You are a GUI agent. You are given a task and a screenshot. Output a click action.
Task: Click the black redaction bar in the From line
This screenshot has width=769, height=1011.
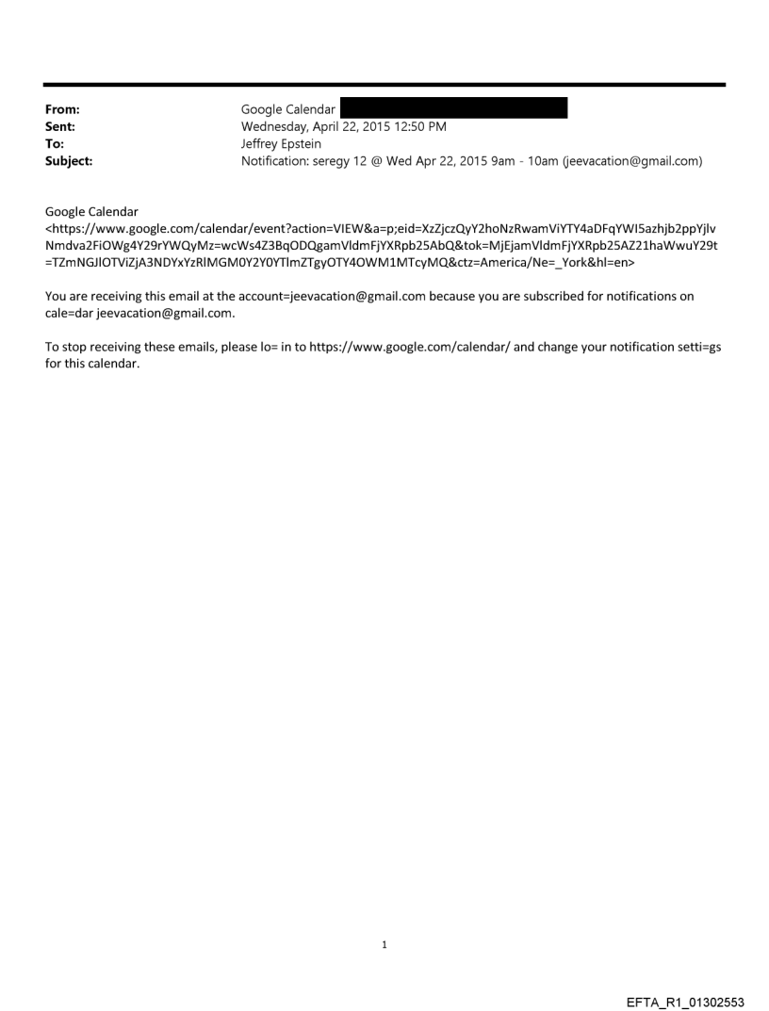click(453, 109)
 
